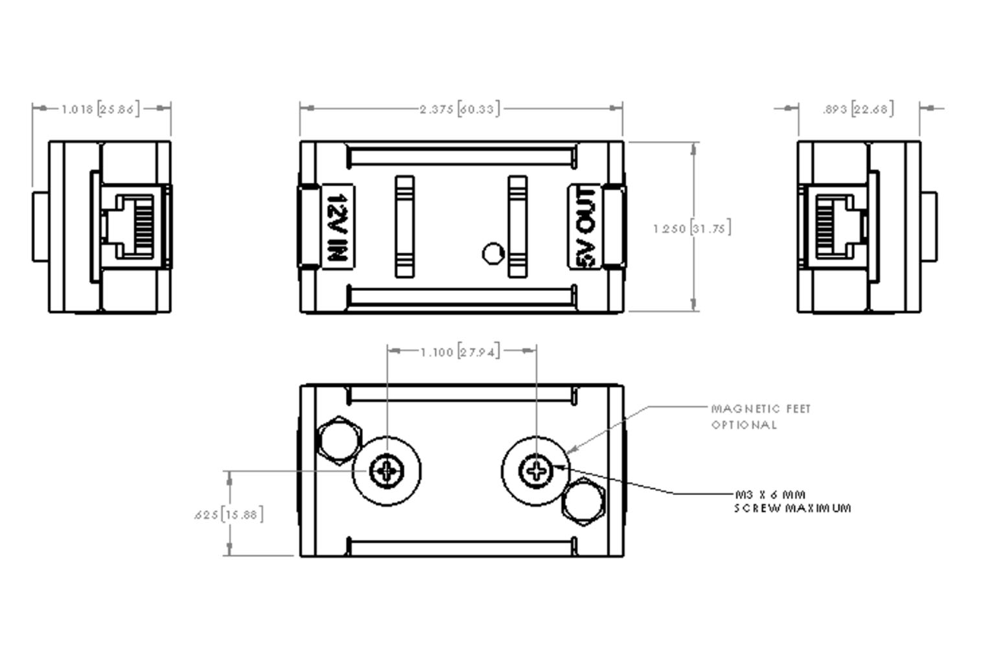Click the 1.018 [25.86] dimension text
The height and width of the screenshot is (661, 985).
(100, 109)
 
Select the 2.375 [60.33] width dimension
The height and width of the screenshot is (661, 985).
(460, 109)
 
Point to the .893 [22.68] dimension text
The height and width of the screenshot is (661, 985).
(858, 109)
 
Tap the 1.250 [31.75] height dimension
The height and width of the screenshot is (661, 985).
(692, 228)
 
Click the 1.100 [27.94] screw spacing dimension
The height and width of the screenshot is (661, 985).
(460, 352)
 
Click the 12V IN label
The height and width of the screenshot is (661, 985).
(338, 227)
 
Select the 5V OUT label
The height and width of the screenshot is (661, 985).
(585, 227)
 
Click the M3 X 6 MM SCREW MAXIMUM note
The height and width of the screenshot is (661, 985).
(792, 501)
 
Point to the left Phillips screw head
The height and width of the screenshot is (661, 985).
(387, 471)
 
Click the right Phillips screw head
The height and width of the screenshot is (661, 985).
(536, 471)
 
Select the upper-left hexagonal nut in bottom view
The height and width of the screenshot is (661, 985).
(340, 441)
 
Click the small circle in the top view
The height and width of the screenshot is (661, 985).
(493, 253)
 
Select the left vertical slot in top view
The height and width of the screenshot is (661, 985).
(405, 226)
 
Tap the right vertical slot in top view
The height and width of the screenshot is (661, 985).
(517, 226)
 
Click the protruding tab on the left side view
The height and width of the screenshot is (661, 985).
(40, 226)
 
